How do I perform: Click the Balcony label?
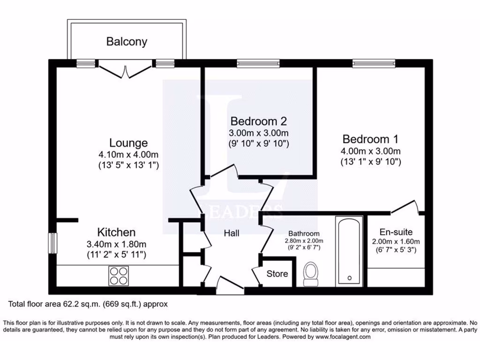[127, 41]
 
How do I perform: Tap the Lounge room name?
[128, 142]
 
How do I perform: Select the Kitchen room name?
[116, 232]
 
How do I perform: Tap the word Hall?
[232, 233]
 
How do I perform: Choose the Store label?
[277, 274]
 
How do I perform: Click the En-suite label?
[396, 232]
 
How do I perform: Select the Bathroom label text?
[304, 233]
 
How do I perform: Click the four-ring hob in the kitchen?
[119, 275]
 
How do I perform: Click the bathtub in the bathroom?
[348, 251]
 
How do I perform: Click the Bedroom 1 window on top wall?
[374, 63]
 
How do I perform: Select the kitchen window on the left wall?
[53, 243]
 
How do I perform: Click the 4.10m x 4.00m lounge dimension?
[128, 155]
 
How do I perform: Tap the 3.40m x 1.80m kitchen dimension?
[116, 244]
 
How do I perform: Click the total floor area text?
[88, 304]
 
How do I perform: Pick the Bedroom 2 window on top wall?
[258, 63]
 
